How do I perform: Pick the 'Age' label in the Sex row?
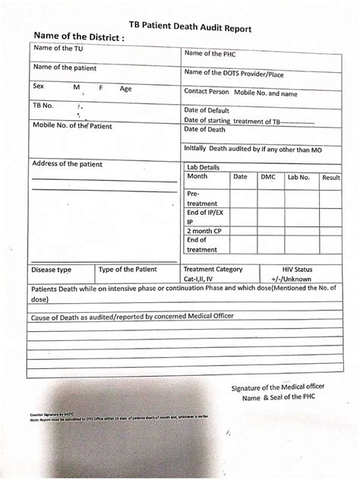(x=125, y=88)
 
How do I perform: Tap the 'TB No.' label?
(x=44, y=106)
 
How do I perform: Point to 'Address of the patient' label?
(x=67, y=164)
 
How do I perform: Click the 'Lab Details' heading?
(x=202, y=166)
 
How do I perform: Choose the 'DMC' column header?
(x=268, y=177)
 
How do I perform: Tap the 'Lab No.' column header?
(x=298, y=177)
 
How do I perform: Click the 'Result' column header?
(x=330, y=177)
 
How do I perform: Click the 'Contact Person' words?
(x=207, y=90)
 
